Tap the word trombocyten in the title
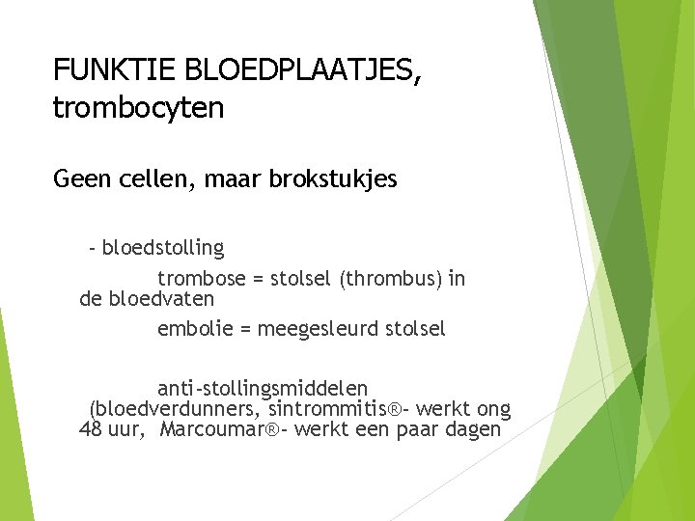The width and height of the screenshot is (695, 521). pyautogui.click(x=138, y=108)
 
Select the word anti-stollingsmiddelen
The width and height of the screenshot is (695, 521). pyautogui.click(x=263, y=389)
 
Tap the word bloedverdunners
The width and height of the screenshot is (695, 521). pyautogui.click(x=175, y=409)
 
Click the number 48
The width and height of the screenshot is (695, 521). pyautogui.click(x=90, y=429)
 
